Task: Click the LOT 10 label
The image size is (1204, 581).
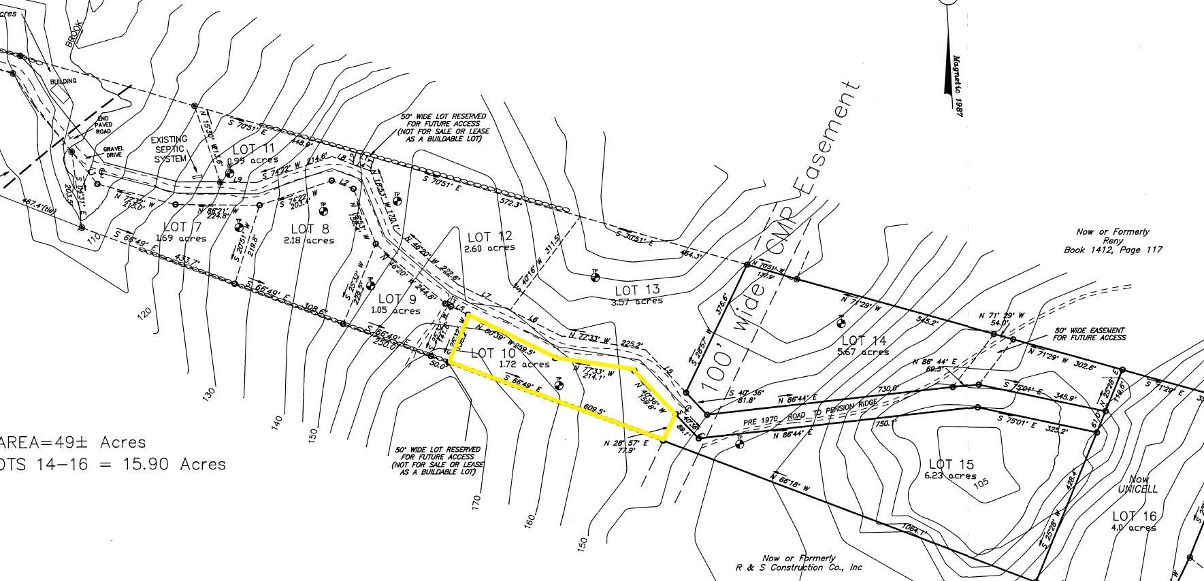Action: click(493, 353)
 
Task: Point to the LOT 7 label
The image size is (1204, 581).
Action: click(183, 227)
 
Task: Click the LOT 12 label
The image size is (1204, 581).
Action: click(490, 236)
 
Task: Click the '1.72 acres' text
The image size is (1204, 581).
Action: click(524, 365)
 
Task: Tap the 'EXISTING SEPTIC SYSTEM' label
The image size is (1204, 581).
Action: click(170, 149)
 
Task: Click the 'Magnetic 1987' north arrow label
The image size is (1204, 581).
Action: click(959, 86)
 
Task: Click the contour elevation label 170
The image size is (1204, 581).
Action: click(476, 502)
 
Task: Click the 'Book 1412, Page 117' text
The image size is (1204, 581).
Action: click(1113, 250)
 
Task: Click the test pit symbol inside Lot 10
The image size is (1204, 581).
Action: click(559, 384)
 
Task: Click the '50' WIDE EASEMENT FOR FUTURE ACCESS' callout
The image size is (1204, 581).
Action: click(1089, 333)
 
